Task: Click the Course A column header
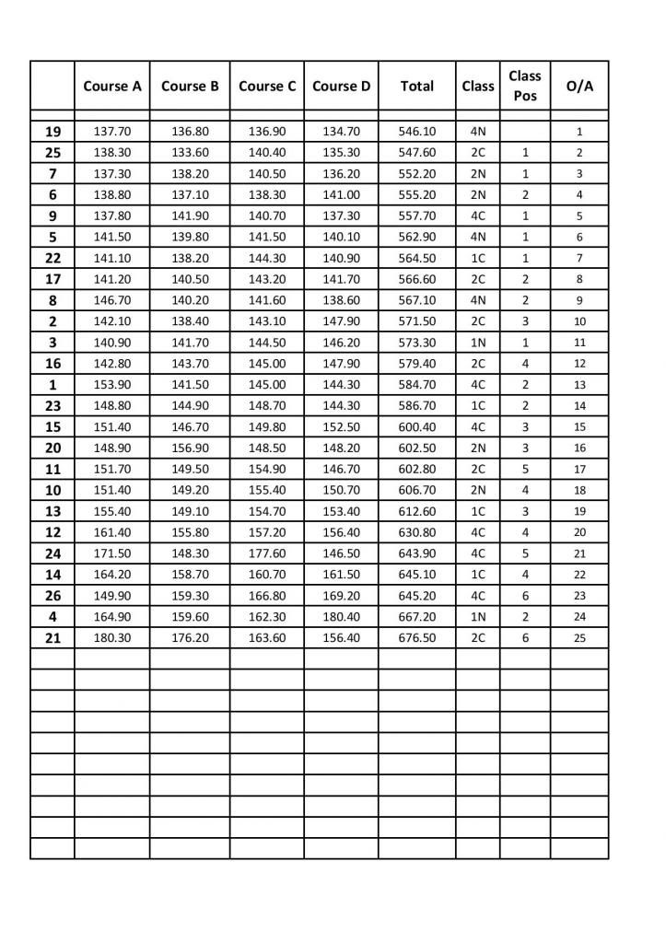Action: [112, 87]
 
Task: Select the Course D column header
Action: [341, 87]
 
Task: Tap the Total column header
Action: [416, 87]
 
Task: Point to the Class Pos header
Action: [525, 86]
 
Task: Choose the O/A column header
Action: [579, 87]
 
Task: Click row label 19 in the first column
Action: [53, 132]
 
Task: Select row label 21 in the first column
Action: [53, 637]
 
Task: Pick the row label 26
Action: [53, 595]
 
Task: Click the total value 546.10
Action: [416, 132]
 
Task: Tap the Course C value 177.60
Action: [267, 553]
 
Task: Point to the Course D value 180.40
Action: [341, 616]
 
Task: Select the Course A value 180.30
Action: [112, 637]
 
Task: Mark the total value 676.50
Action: [416, 637]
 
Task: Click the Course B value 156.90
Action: [190, 448]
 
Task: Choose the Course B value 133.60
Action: [190, 153]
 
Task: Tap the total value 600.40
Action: [416, 426]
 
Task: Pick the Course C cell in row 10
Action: [267, 490]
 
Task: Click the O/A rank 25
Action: [579, 637]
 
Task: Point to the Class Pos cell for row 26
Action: [525, 595]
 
